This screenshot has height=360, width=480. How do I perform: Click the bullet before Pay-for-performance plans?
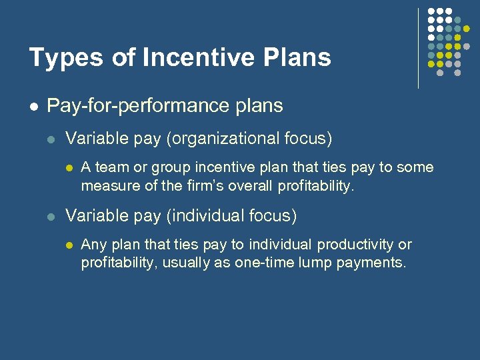(33, 106)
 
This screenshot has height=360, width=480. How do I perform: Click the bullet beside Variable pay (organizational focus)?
(52, 139)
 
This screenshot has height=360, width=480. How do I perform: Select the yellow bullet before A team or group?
(68, 168)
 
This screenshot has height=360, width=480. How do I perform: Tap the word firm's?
(205, 186)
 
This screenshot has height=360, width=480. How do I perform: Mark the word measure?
(107, 186)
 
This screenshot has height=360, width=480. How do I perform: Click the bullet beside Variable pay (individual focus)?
(52, 217)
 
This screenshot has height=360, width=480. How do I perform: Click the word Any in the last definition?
(93, 245)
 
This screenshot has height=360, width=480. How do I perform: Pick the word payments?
(372, 263)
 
